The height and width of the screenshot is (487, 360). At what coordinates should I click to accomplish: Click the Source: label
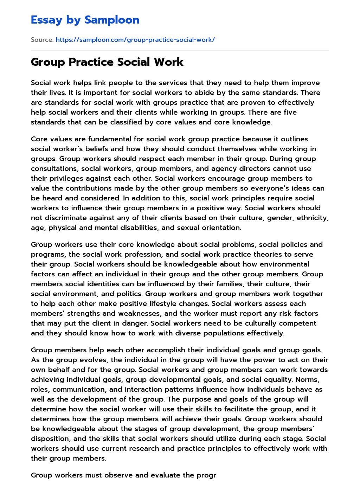(x=42, y=40)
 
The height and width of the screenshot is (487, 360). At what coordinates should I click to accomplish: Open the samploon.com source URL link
(x=135, y=40)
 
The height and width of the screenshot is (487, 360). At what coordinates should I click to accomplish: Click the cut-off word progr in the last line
(x=206, y=475)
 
